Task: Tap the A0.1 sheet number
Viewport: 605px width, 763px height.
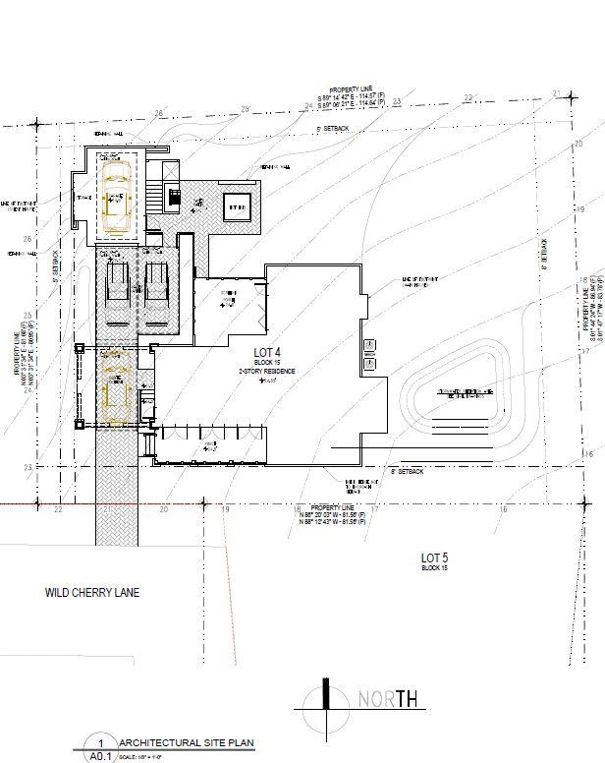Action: pyautogui.click(x=99, y=757)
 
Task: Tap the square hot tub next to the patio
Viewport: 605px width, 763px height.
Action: pyautogui.click(x=238, y=207)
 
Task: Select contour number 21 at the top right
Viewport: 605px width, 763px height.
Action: pyautogui.click(x=557, y=94)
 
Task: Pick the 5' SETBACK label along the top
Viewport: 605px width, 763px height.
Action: pyautogui.click(x=332, y=130)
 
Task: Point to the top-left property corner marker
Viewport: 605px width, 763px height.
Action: pyautogui.click(x=36, y=125)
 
